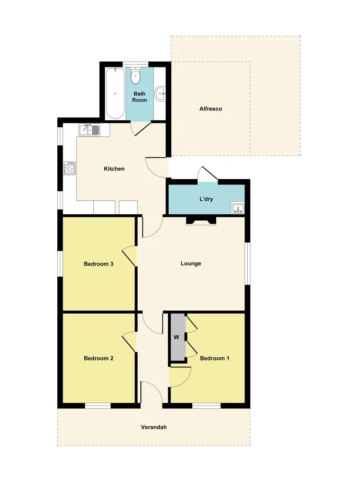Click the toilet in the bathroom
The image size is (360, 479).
(x=135, y=77)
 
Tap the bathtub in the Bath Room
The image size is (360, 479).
(x=115, y=93)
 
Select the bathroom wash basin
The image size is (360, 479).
(x=161, y=94)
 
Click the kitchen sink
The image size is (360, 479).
(x=89, y=130)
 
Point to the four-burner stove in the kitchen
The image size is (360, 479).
(x=70, y=168)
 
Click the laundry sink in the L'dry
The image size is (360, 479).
(x=237, y=208)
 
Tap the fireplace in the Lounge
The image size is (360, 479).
(x=201, y=220)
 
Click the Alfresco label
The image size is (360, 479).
(x=210, y=109)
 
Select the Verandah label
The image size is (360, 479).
(x=154, y=428)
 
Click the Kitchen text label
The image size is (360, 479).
(x=114, y=169)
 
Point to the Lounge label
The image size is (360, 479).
(x=191, y=263)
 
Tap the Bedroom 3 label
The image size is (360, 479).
(x=99, y=264)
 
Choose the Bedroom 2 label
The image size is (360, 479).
(x=99, y=358)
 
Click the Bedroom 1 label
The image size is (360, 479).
(x=214, y=358)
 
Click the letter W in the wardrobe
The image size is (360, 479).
(x=176, y=338)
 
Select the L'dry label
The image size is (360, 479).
(x=206, y=199)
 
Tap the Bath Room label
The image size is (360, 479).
(x=139, y=97)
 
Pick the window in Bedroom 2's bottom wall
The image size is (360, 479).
(x=98, y=405)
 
